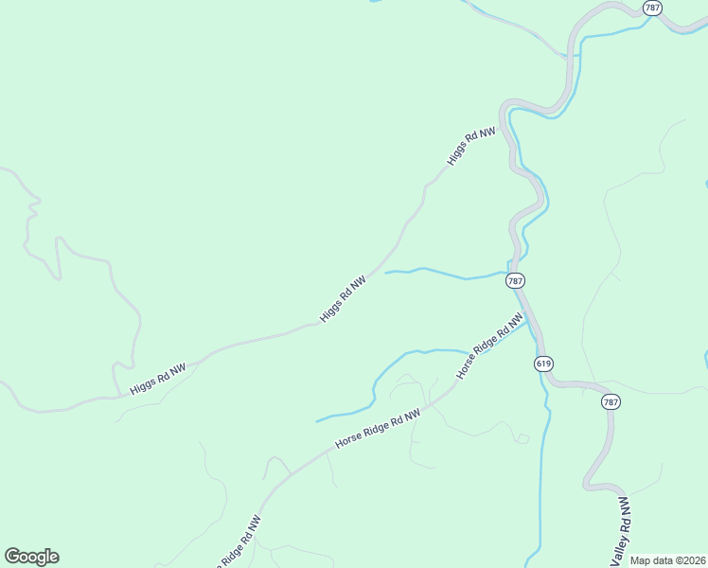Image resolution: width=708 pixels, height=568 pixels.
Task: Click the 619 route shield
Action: pyautogui.click(x=543, y=364)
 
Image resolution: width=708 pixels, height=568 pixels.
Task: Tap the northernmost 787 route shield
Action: pyautogui.click(x=652, y=8)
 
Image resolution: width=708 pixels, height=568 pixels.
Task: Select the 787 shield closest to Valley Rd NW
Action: pyautogui.click(x=611, y=402)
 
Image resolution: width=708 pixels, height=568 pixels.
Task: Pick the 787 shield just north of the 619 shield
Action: pyautogui.click(x=514, y=281)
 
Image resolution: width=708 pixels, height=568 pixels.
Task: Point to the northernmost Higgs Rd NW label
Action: pyautogui.click(x=471, y=148)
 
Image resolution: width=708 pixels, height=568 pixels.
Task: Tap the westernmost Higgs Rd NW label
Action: pyautogui.click(x=158, y=376)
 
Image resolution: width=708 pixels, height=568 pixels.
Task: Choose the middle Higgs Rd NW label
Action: pyautogui.click(x=343, y=299)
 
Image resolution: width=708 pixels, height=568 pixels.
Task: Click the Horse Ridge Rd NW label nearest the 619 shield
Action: pyautogui.click(x=490, y=347)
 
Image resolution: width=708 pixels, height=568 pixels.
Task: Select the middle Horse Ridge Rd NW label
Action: pyautogui.click(x=379, y=429)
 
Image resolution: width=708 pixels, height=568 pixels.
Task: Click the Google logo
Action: pyautogui.click(x=31, y=557)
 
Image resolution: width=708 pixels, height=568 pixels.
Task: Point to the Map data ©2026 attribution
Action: pyautogui.click(x=667, y=560)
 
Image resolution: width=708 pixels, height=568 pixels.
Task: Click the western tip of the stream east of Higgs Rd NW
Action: pyautogui.click(x=385, y=273)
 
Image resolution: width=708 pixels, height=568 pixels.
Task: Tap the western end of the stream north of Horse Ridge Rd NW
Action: pyautogui.click(x=316, y=420)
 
